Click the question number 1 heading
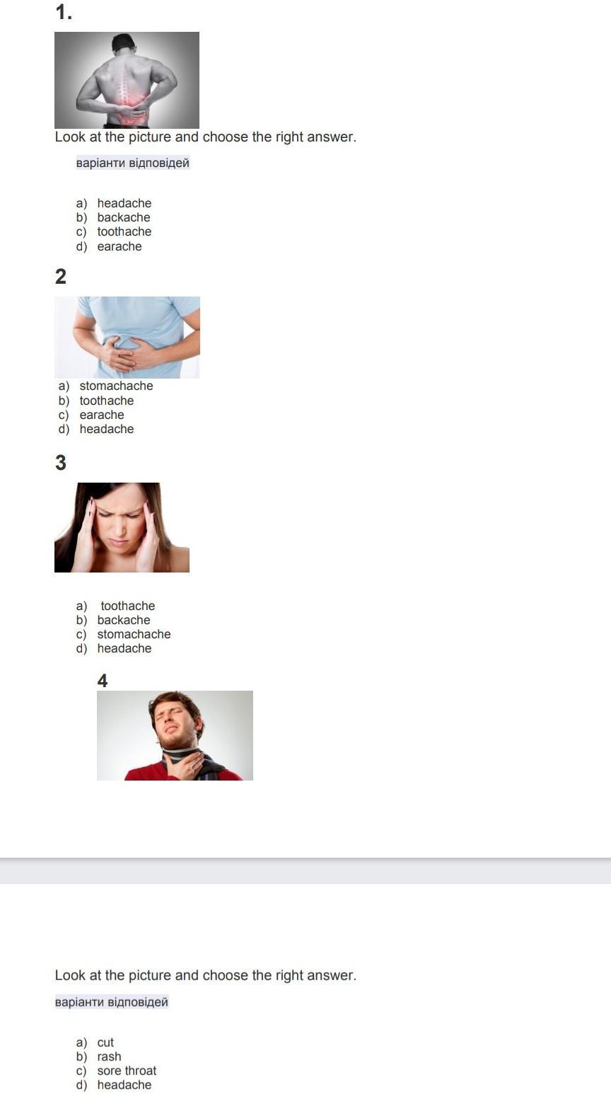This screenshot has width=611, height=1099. [64, 12]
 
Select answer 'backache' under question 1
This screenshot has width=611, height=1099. [124, 217]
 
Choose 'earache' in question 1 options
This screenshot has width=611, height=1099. [120, 246]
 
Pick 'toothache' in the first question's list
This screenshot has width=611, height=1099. [124, 231]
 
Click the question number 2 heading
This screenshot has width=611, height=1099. [61, 277]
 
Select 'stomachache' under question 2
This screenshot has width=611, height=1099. [116, 386]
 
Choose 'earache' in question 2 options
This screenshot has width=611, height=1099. [102, 415]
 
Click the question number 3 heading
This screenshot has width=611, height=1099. [61, 463]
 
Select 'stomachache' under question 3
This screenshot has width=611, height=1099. [134, 634]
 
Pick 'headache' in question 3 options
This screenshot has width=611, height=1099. [124, 649]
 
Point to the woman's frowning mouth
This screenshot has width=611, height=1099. [117, 541]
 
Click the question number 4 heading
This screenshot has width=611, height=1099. [103, 681]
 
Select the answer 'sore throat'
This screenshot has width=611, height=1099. [127, 1071]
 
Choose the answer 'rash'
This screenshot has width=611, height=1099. [109, 1057]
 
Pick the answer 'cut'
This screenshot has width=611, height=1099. [105, 1042]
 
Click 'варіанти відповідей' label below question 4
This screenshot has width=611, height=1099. [111, 1002]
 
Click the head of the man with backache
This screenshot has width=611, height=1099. [124, 43]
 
